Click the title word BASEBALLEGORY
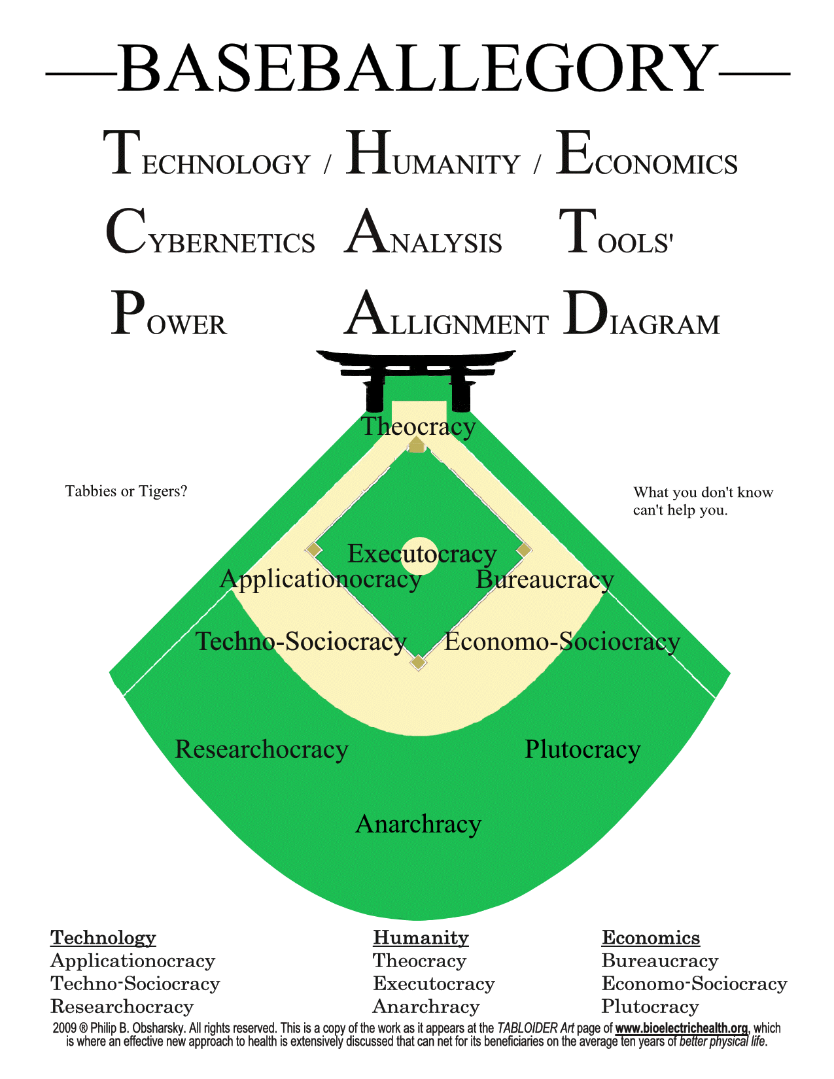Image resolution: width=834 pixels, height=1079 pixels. tap(417, 69)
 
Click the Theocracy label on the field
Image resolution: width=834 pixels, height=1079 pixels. tap(419, 426)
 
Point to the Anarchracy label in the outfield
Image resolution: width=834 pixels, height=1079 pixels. tap(418, 824)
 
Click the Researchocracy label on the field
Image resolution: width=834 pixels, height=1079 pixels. tap(262, 749)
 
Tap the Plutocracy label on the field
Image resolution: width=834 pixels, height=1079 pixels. tap(582, 749)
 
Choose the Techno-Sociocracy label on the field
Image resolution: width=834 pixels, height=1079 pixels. tap(301, 642)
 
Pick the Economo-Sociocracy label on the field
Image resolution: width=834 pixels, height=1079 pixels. tap(562, 642)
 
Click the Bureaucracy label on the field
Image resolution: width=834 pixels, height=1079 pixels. tap(545, 579)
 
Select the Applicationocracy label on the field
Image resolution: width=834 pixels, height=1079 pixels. tap(321, 579)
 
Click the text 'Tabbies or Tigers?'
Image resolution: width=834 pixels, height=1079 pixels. tap(127, 491)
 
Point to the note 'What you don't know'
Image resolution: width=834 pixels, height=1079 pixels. tap(703, 492)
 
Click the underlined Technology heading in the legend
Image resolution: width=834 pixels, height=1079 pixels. tap(103, 938)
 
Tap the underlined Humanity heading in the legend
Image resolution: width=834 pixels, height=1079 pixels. tap(421, 938)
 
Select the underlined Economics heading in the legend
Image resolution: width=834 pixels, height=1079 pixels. tap(651, 938)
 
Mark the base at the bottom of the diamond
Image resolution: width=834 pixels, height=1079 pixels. tap(418, 663)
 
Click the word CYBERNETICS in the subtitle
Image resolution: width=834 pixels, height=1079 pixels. tap(210, 233)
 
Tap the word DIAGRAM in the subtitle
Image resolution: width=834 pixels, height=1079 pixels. tap(642, 315)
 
